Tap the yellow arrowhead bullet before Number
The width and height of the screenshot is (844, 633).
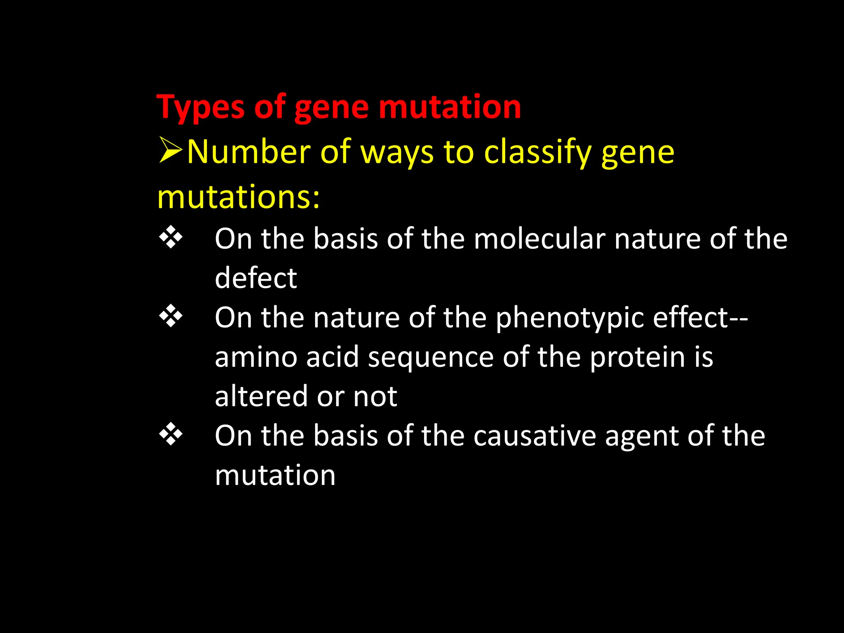[x=170, y=151]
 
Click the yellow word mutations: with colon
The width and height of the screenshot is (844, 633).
[x=238, y=197]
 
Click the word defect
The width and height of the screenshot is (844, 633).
[x=256, y=278]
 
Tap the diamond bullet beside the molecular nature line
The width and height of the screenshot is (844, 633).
[x=171, y=238]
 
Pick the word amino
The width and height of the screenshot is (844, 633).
[x=256, y=357]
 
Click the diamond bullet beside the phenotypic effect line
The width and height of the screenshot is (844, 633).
[x=171, y=316]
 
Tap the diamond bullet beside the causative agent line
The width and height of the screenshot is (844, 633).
[x=171, y=435]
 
